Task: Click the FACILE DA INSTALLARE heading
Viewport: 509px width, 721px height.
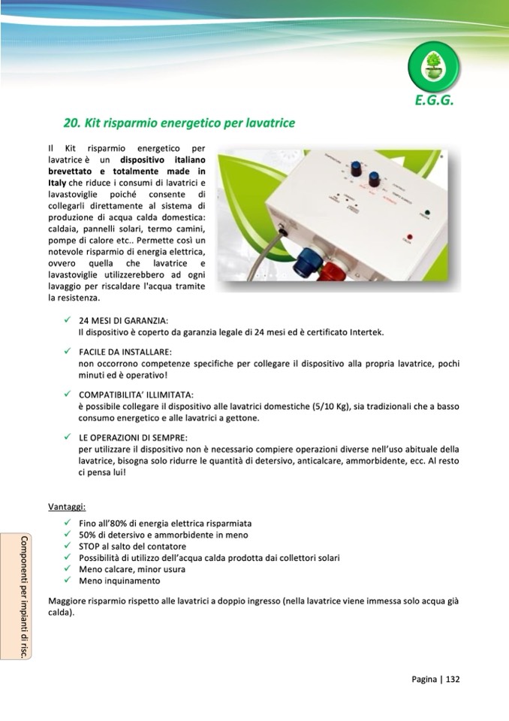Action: pyautogui.click(x=125, y=352)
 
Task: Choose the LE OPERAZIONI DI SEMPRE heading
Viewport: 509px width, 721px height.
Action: pyautogui.click(x=133, y=438)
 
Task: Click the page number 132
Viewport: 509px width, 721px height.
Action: pyautogui.click(x=453, y=679)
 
